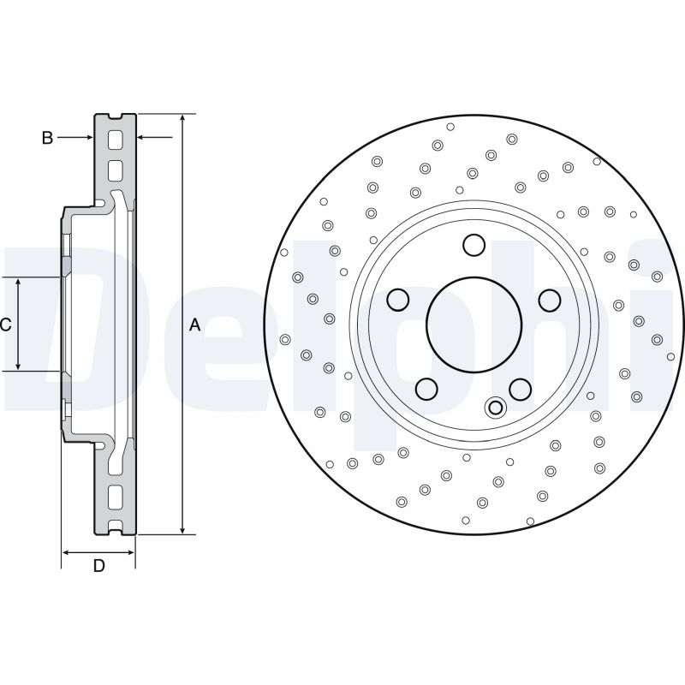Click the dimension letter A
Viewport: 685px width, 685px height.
[194, 325]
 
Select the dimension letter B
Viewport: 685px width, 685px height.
[48, 137]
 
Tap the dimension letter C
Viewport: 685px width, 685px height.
[6, 325]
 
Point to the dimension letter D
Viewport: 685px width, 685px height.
[98, 566]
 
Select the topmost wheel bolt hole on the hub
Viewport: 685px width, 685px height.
[474, 245]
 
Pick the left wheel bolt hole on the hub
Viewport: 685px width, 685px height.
[398, 300]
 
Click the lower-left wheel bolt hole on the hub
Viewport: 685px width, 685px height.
[426, 390]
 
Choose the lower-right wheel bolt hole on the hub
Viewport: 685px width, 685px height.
[520, 390]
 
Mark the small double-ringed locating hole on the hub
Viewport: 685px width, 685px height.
[495, 408]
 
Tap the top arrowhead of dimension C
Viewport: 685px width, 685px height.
[19, 283]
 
